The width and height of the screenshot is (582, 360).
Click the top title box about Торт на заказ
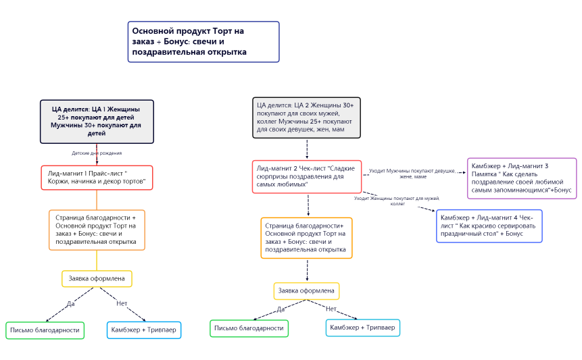(203, 42)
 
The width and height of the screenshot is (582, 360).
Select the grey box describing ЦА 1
(97, 122)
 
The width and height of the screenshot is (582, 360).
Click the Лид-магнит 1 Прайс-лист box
(97, 178)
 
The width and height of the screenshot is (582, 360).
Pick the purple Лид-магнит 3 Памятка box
(521, 178)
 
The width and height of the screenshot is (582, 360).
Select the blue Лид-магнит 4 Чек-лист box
(489, 226)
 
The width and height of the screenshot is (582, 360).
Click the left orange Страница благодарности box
(97, 230)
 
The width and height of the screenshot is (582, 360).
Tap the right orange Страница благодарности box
(306, 238)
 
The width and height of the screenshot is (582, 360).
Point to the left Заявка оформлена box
(97, 278)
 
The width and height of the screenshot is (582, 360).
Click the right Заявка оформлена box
(306, 291)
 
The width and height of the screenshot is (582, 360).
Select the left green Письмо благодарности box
(45, 330)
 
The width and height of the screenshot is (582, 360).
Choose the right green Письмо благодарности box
(249, 328)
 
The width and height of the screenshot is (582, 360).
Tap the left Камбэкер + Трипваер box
(144, 330)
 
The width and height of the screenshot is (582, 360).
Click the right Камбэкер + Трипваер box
(362, 328)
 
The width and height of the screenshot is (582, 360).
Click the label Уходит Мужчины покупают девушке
(412, 174)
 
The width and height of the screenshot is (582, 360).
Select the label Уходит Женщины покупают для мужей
(397, 201)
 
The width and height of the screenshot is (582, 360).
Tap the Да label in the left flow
(70, 303)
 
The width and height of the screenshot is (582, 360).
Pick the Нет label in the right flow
(331, 309)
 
